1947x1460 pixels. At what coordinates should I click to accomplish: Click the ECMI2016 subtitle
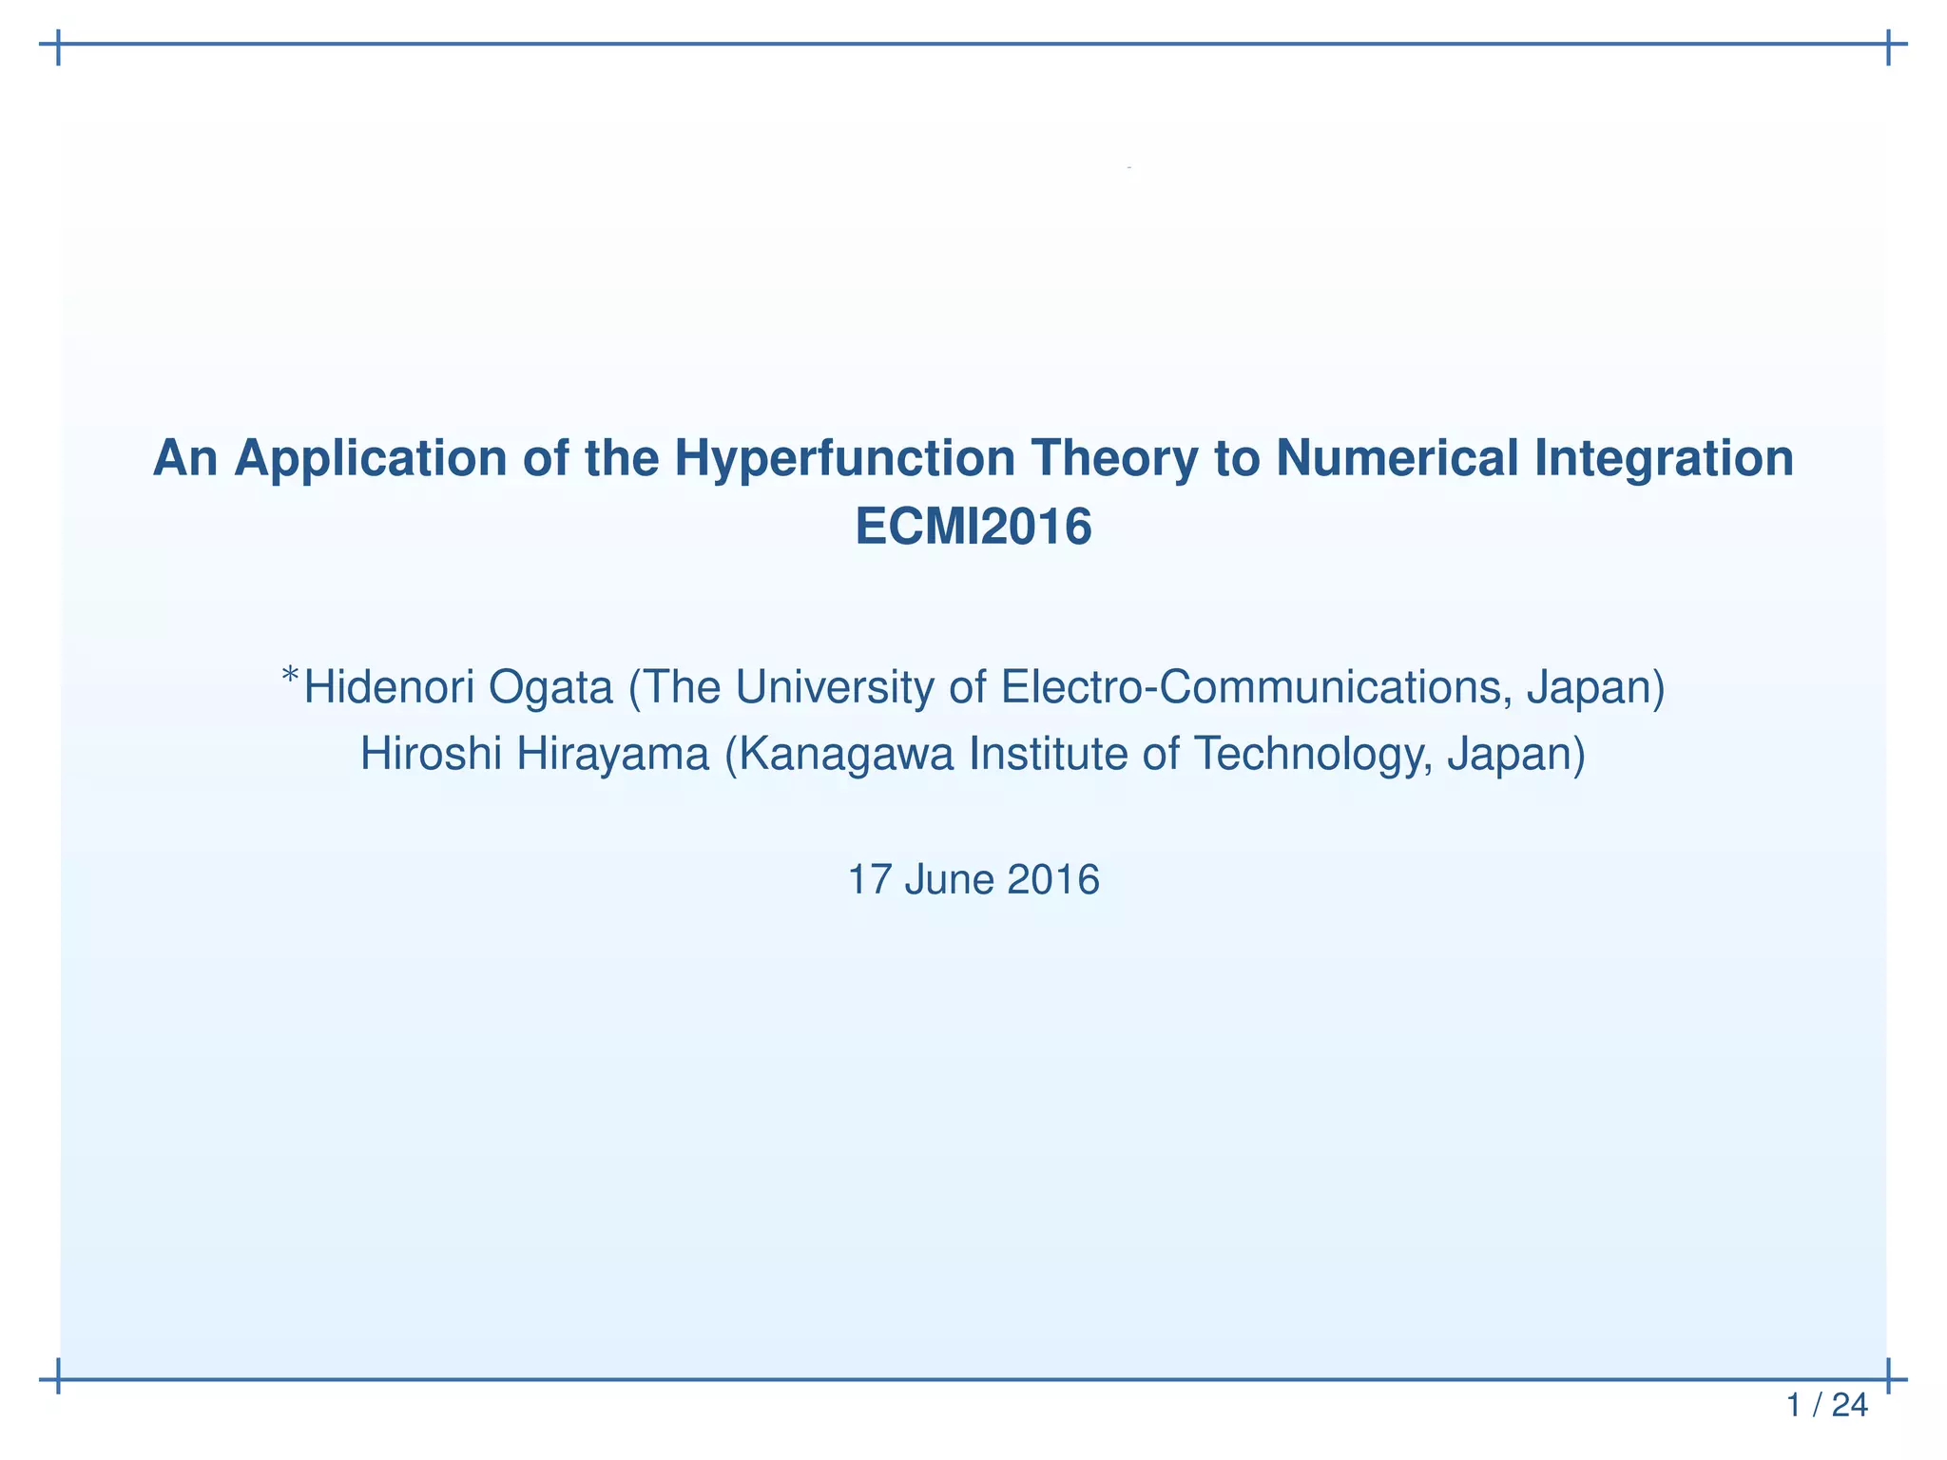[x=973, y=527]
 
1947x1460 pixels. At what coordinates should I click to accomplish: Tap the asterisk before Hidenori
[x=290, y=677]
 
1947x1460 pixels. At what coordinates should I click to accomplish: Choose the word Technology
[x=1312, y=755]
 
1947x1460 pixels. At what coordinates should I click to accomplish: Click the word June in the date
[x=949, y=880]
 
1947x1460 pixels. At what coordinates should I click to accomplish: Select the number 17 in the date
[x=869, y=880]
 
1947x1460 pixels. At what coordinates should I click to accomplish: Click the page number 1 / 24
[x=1826, y=1405]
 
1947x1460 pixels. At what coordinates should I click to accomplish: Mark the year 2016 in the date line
[x=1052, y=880]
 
